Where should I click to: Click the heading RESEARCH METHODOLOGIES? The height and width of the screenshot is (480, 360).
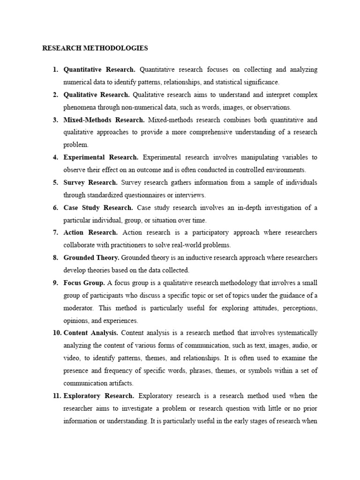pos(95,48)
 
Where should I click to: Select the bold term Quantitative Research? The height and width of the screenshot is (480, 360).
pos(99,69)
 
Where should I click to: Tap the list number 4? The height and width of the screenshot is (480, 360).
pos(55,157)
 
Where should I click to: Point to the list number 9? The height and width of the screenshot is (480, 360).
pos(55,283)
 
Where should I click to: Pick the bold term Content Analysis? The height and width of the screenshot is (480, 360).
pos(91,333)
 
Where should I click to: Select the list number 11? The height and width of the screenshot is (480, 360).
pos(56,396)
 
